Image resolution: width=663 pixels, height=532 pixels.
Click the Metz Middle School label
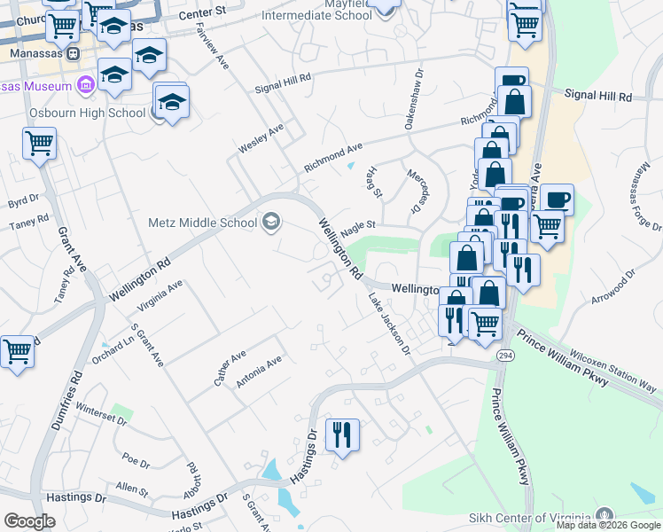click(x=202, y=223)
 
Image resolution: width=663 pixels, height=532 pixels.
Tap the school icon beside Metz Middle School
click(x=271, y=222)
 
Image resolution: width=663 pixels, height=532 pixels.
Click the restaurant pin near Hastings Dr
click(x=342, y=434)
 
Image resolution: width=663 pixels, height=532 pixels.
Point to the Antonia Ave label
click(x=259, y=372)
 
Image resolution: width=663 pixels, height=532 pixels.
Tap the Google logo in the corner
click(x=29, y=521)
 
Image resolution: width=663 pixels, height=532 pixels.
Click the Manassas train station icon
click(x=74, y=52)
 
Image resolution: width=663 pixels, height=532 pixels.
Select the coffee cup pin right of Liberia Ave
click(x=558, y=199)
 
